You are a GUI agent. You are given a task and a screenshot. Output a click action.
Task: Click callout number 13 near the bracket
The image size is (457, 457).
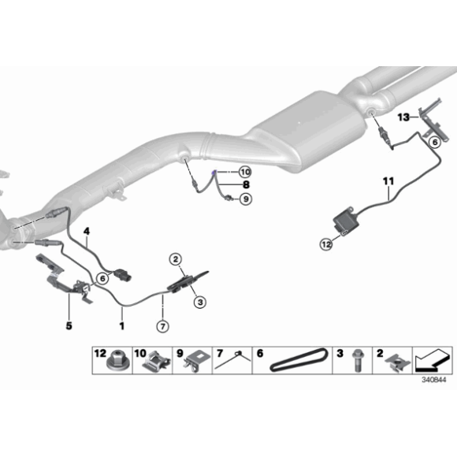(x=403, y=117)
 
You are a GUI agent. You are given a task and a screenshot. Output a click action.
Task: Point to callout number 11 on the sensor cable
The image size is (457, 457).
(x=388, y=182)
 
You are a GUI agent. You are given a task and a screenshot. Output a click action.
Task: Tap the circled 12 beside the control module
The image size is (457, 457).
(x=325, y=246)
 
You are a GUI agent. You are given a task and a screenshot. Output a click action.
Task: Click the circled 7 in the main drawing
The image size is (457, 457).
(x=162, y=325)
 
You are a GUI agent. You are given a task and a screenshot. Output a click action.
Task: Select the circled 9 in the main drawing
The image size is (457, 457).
(x=245, y=199)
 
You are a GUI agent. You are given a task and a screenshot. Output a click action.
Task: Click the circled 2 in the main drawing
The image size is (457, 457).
(x=175, y=257)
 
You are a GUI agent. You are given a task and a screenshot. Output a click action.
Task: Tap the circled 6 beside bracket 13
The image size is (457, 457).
(x=433, y=143)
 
